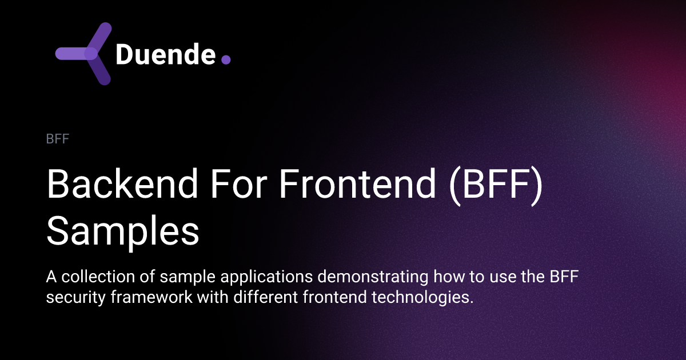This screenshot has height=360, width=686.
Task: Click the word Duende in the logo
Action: point(166,54)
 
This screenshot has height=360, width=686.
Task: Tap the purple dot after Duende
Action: point(226,59)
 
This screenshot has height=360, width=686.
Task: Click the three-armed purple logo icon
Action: point(85,54)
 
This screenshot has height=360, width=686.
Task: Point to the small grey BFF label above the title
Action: point(57,139)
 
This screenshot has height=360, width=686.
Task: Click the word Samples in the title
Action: point(123,231)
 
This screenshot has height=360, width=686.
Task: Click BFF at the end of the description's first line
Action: point(569,278)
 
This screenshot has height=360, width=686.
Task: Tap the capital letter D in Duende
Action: point(125,54)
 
